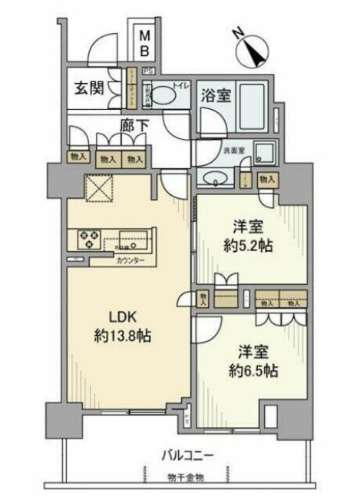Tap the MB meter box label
[144, 43]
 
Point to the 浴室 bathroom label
[213, 96]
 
